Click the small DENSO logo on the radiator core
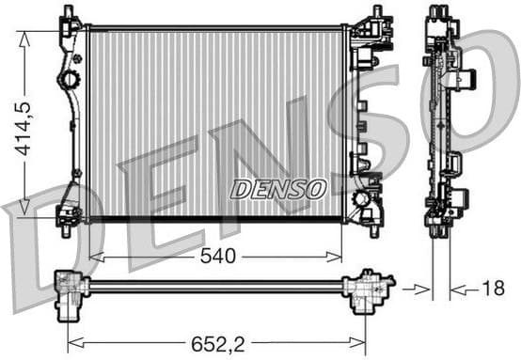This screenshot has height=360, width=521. click(x=277, y=189)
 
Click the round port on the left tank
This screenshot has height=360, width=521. click(x=68, y=81)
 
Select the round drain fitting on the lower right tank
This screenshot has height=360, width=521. click(x=364, y=200)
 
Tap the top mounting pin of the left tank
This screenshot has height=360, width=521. click(x=67, y=11)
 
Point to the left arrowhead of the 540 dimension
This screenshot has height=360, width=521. click(x=93, y=256)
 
